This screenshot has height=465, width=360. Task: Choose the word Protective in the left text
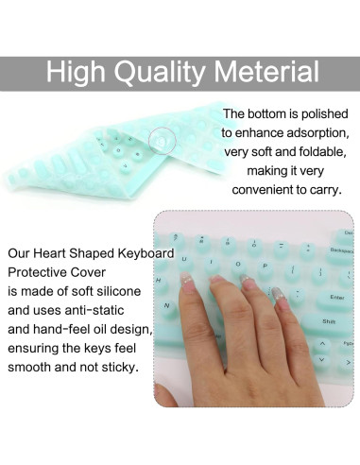coord(37,272)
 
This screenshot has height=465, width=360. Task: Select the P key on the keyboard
coord(266,267)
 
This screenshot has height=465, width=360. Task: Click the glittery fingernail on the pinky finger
coord(280,294)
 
